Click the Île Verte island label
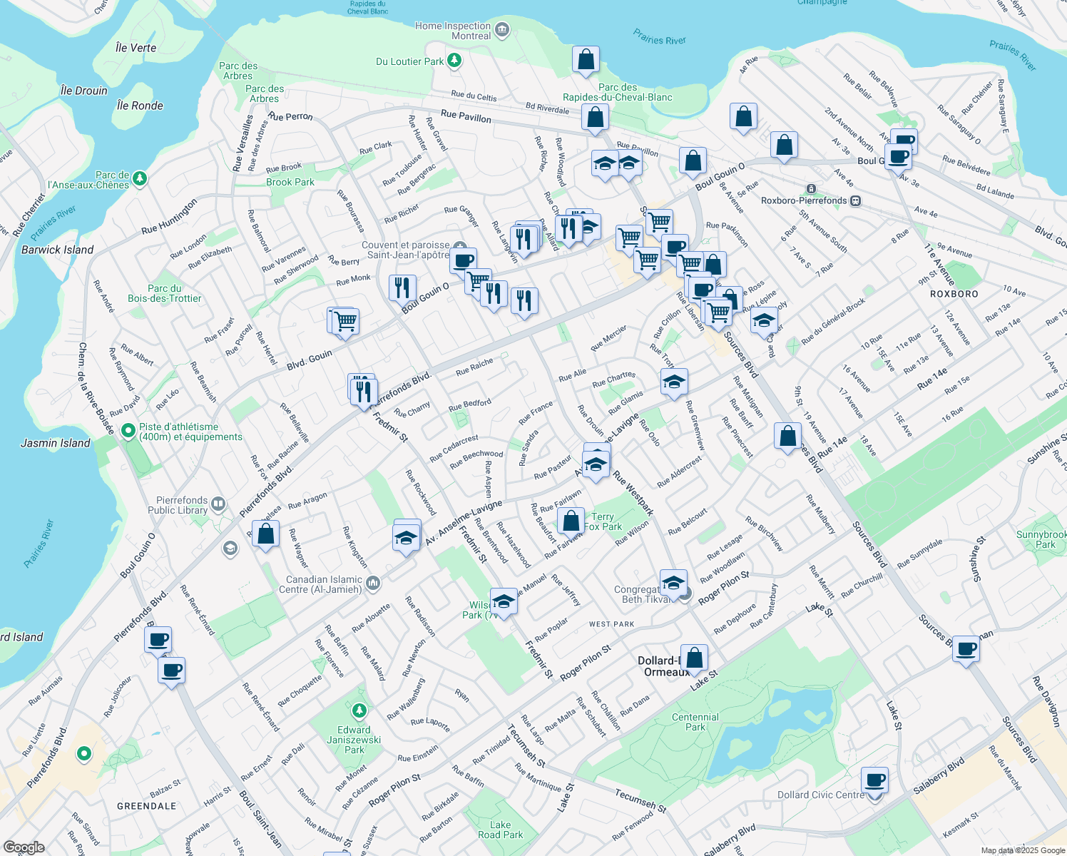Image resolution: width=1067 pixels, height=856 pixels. (136, 48)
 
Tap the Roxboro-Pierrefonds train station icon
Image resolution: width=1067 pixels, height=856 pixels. (811, 189)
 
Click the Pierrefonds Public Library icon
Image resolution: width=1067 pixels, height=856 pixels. (218, 504)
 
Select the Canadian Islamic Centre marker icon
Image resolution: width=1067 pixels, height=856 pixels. (373, 584)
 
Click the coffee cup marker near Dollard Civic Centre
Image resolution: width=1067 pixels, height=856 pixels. (874, 780)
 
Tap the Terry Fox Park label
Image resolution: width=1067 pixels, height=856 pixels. (603, 521)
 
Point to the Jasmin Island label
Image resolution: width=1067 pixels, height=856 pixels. (56, 443)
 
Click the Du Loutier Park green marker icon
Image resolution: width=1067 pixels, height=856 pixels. (454, 61)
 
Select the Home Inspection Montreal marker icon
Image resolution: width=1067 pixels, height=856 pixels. (502, 30)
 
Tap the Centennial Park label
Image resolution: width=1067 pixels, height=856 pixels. (695, 722)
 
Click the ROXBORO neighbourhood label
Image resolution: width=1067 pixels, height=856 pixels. (954, 294)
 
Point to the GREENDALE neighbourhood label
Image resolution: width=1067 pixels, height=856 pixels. (146, 806)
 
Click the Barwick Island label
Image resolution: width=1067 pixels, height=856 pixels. (57, 250)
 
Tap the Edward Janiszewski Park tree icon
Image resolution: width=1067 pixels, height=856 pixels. (359, 710)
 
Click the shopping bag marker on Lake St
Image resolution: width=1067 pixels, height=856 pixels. (693, 658)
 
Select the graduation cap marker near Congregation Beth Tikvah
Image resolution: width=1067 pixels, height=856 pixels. (673, 584)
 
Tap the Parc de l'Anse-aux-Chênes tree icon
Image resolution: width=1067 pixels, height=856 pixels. (140, 178)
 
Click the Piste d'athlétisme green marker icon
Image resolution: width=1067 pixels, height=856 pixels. (128, 431)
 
